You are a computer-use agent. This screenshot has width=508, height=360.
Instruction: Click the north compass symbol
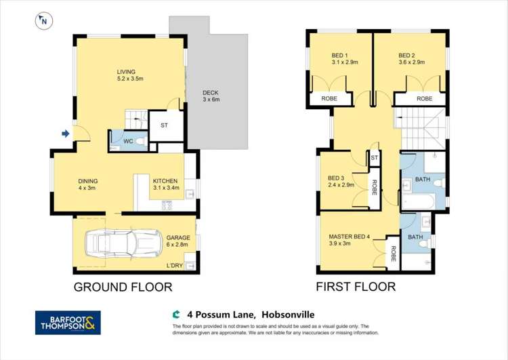[x=42, y=21]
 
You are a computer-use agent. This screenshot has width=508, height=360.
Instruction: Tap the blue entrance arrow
[x=65, y=134]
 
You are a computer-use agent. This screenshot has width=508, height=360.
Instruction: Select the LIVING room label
[x=126, y=72]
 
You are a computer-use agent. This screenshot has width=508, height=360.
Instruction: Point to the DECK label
[x=211, y=93]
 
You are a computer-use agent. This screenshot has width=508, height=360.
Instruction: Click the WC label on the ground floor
[x=127, y=142]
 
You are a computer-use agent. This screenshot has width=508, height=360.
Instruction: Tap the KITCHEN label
[x=165, y=181]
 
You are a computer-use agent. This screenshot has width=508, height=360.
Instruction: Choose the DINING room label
[x=88, y=181]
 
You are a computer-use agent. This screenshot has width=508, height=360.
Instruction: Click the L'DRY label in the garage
[x=175, y=266]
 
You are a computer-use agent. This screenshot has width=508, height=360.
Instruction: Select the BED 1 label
[x=340, y=56]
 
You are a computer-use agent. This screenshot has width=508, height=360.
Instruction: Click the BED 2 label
[x=406, y=56]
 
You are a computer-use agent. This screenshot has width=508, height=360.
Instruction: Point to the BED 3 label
[x=337, y=178]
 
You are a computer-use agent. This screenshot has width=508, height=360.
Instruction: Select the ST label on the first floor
[x=374, y=158]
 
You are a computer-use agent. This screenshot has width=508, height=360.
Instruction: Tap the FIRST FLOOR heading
[x=356, y=287]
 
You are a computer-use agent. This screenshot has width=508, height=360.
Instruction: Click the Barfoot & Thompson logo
[x=68, y=323]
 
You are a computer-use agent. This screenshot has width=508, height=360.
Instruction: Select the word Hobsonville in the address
[x=287, y=315]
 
